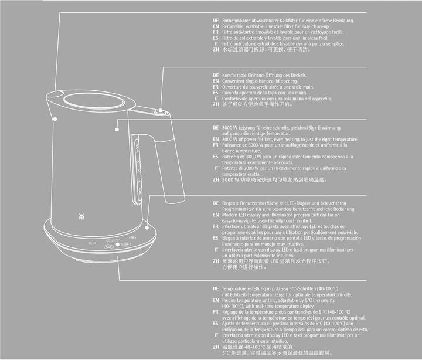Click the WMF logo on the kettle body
pyautogui.click(x=80, y=216)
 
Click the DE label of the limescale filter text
pyautogui.click(x=216, y=21)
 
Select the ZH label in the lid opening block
pyautogui.click(x=216, y=104)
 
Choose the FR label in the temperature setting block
pyautogui.click(x=216, y=312)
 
